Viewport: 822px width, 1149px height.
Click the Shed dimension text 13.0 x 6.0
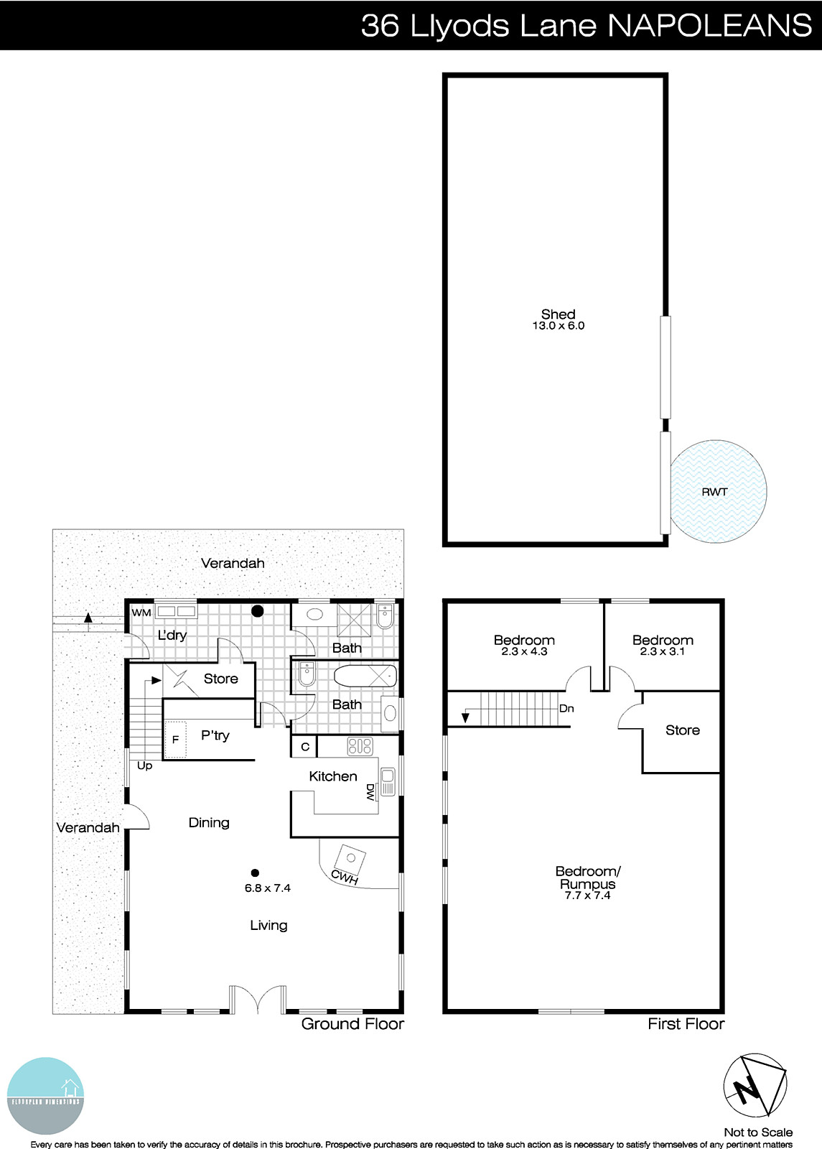[558, 326]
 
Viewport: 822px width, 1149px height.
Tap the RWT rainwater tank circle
[718, 491]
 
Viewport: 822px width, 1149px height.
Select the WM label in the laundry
[141, 613]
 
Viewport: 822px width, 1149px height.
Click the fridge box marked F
[175, 740]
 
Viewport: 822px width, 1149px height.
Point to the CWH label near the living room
[344, 877]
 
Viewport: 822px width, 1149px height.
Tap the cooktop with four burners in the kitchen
[360, 746]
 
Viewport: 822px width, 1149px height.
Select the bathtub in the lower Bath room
[365, 676]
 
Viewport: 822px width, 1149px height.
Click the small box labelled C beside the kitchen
[304, 747]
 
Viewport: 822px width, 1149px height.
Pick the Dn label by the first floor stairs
[566, 708]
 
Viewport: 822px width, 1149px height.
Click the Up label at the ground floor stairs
[144, 766]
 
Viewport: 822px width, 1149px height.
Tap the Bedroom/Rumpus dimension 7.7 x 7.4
[587, 896]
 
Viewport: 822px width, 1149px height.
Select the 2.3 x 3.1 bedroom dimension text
[662, 652]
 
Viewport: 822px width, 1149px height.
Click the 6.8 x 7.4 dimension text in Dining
[267, 888]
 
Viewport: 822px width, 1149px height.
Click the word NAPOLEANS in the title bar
[709, 26]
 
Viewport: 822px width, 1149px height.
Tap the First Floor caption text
[686, 1024]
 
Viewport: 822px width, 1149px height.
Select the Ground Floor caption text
[352, 1024]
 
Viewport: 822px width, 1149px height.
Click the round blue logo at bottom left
[46, 1095]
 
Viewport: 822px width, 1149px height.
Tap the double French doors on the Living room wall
[258, 1000]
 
